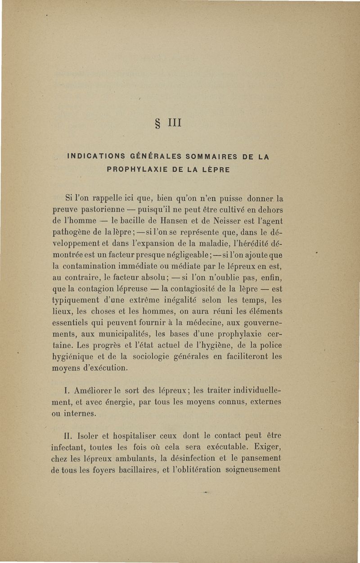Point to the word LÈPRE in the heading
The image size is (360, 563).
215,170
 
